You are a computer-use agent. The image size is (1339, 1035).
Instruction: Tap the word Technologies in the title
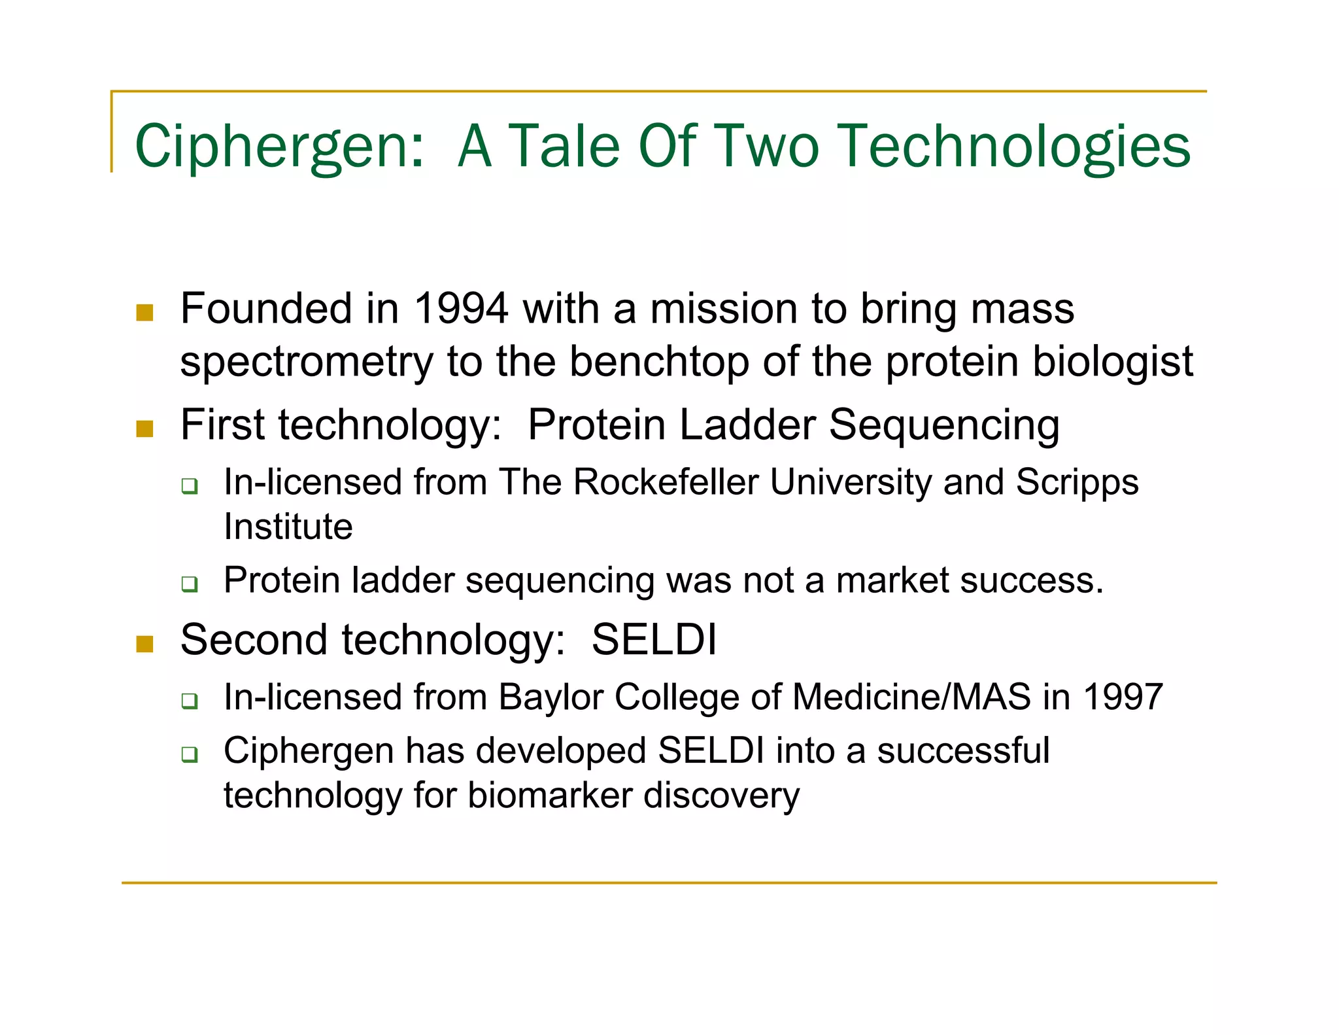pos(1014,147)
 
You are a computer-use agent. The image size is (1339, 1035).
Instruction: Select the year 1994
pos(461,308)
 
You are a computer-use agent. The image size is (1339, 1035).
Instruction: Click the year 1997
pos(1123,697)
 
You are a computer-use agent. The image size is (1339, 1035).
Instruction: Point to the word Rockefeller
pos(666,482)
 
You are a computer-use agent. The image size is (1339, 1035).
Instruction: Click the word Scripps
pos(1077,482)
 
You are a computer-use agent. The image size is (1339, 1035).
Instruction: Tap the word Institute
pos(288,527)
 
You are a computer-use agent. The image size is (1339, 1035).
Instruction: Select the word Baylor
pos(551,697)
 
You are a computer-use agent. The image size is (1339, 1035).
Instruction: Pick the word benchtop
pos(658,361)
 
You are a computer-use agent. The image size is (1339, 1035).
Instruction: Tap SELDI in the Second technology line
pos(654,639)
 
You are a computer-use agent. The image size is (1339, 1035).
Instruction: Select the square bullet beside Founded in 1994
pos(144,312)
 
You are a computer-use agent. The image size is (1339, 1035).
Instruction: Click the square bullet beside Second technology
pos(144,644)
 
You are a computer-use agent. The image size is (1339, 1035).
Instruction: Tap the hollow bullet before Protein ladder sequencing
pos(190,584)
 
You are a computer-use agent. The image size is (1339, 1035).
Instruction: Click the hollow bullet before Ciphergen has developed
pos(190,754)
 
